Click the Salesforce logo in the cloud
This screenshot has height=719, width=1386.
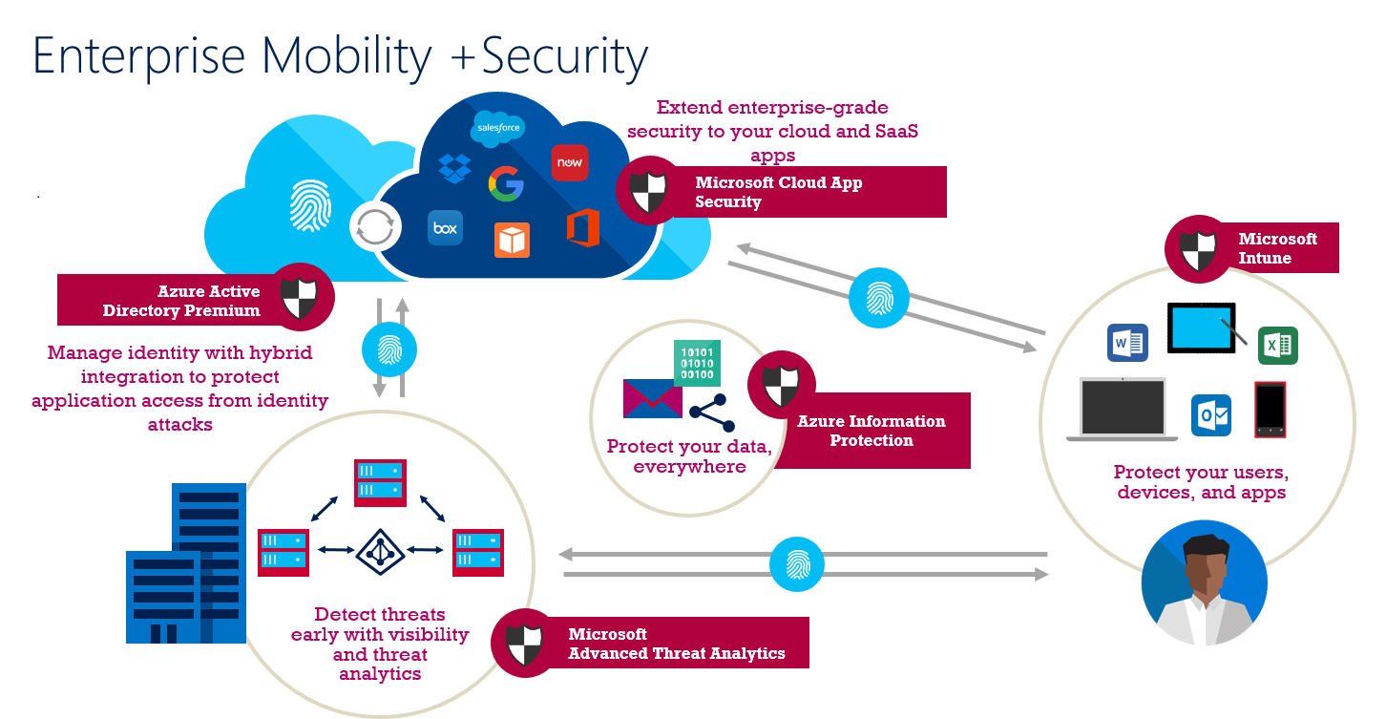(x=497, y=127)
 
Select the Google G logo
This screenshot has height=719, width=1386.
(x=506, y=183)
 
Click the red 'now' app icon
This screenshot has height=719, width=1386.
(x=570, y=162)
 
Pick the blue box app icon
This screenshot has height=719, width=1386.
(x=445, y=228)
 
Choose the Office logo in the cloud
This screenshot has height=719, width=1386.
(x=582, y=229)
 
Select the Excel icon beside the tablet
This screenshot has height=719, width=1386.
(x=1277, y=345)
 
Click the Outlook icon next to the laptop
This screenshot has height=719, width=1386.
(x=1210, y=415)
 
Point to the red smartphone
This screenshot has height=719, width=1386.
(x=1270, y=410)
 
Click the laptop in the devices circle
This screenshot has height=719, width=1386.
(x=1122, y=410)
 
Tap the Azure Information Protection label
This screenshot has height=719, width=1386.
(x=871, y=431)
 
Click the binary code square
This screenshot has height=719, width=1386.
(x=697, y=363)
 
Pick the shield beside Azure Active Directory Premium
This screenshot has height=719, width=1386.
(x=300, y=298)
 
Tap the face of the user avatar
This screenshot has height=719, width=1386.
(x=1204, y=571)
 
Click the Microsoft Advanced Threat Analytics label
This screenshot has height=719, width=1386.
(x=676, y=644)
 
